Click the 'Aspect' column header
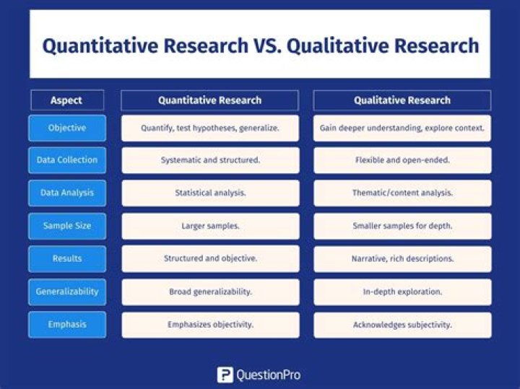pos(66,100)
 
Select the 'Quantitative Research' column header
pos(209,100)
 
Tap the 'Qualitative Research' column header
pos(402,100)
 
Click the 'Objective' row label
pos(67,128)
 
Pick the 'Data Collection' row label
pos(67,160)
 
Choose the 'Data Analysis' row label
pos(67,193)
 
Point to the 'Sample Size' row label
pos(67,226)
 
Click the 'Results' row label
pos(67,258)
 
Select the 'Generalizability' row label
pos(67,292)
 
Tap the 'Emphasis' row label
pos(67,325)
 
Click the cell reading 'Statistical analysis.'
pos(210,193)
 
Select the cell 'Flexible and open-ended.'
pos(402,160)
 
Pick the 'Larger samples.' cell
pos(210,226)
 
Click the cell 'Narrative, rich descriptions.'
pos(402,258)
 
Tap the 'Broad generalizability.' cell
pos(210,292)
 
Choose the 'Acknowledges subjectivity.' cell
pos(402,325)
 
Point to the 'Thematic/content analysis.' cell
pos(402,193)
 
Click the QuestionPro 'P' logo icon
pos(225,375)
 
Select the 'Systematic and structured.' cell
pos(210,160)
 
